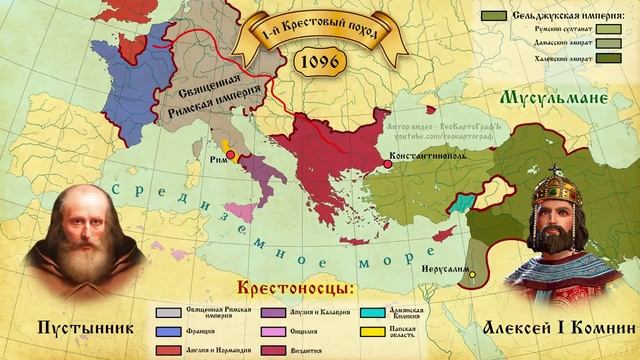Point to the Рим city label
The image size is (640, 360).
[x=219, y=159]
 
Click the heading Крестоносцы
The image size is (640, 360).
[x=297, y=289]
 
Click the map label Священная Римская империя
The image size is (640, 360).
[x=212, y=93]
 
